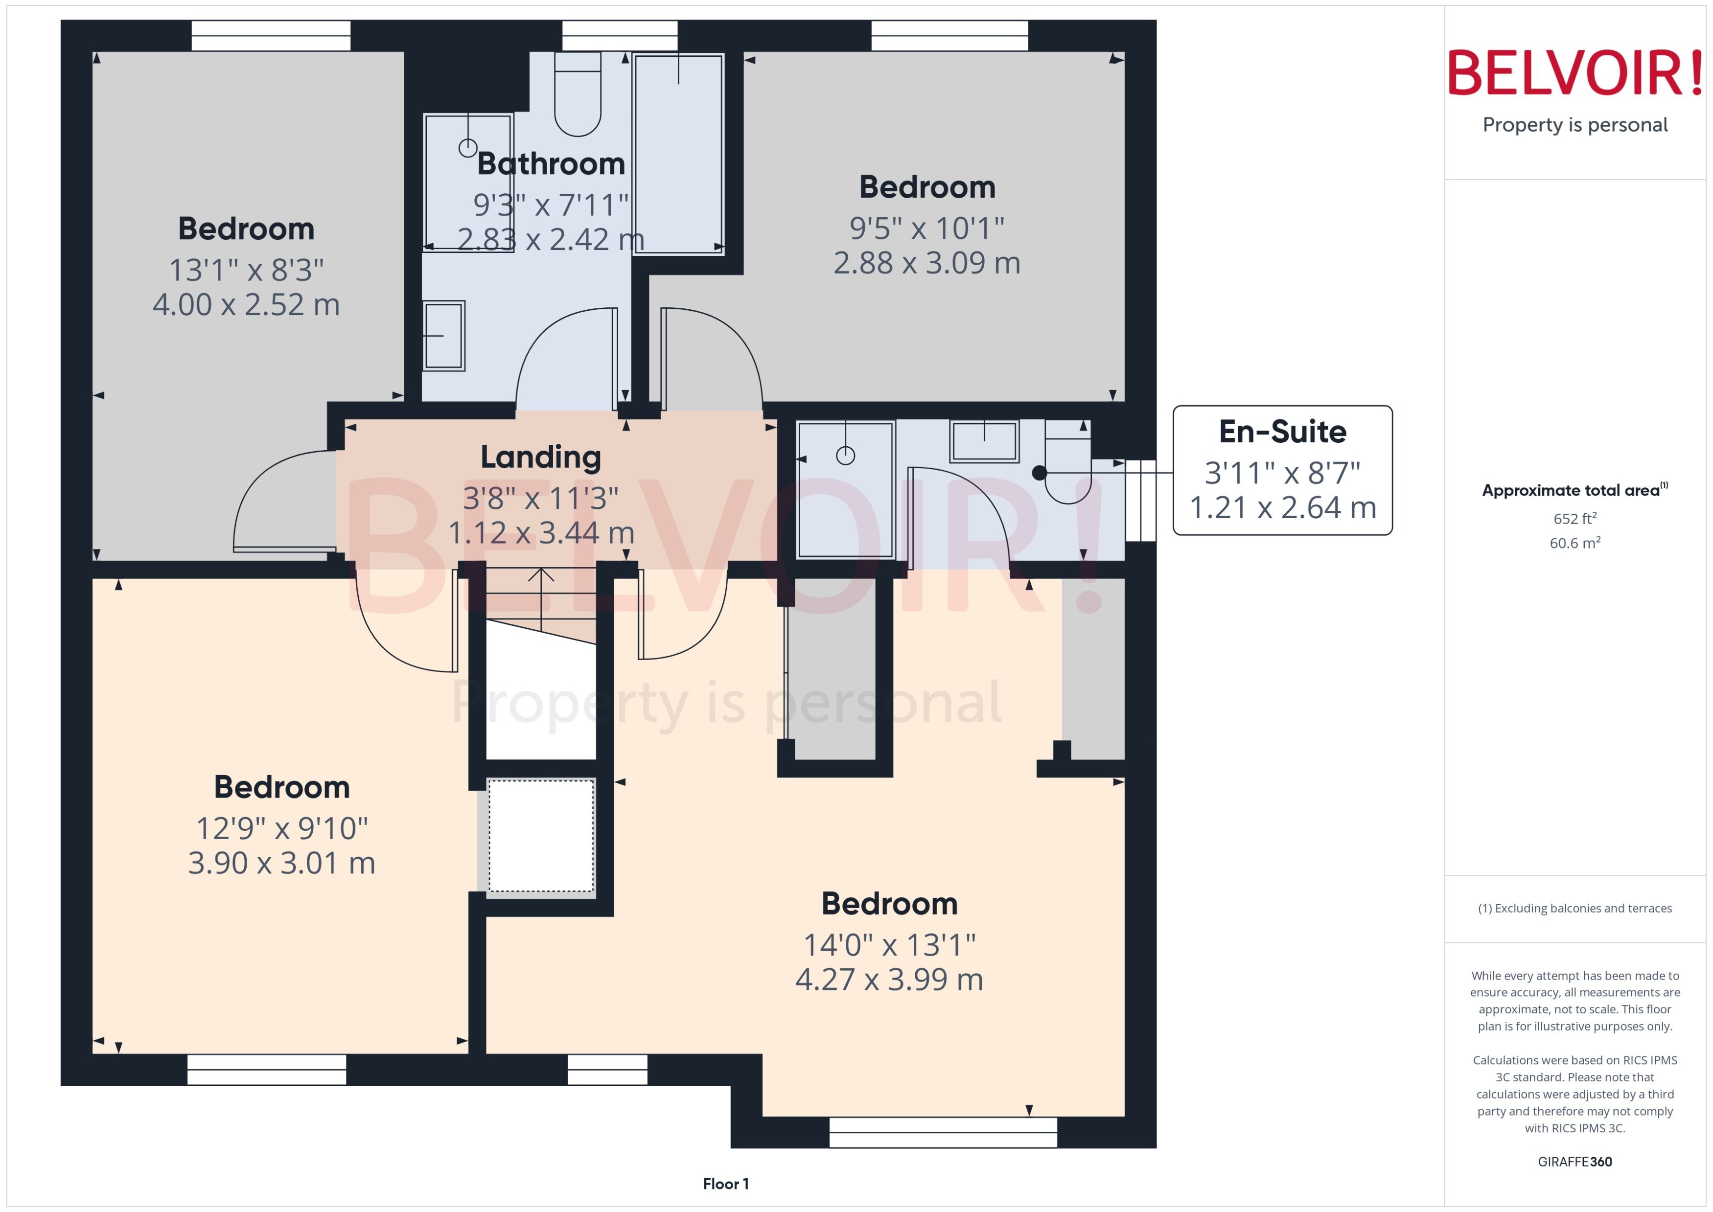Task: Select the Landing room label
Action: pyautogui.click(x=540, y=457)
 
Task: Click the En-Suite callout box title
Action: pyautogui.click(x=1282, y=432)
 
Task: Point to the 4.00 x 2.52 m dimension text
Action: pyautogui.click(x=246, y=304)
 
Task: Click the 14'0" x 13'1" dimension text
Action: pyautogui.click(x=888, y=945)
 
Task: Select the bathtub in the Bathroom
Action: pyautogui.click(x=678, y=153)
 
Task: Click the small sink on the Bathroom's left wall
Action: pyautogui.click(x=443, y=336)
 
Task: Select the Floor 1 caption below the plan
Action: pyautogui.click(x=725, y=1184)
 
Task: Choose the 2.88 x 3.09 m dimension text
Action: pyautogui.click(x=926, y=263)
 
